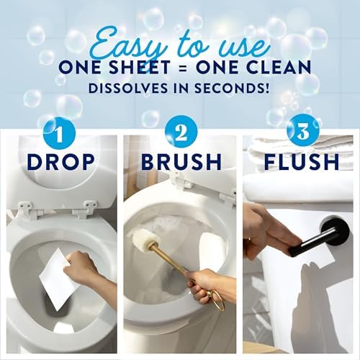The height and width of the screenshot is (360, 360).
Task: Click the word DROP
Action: click(60, 162)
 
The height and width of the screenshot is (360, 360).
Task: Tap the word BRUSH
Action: click(181, 162)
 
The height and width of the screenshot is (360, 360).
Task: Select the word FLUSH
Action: click(302, 162)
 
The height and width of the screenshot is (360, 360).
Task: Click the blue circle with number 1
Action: click(59, 133)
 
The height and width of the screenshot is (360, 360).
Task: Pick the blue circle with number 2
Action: click(181, 132)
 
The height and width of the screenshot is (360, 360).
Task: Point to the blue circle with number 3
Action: click(303, 131)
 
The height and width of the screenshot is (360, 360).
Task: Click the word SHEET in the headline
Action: click(139, 67)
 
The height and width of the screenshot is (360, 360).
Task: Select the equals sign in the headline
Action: click(183, 68)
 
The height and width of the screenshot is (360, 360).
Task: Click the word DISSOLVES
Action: click(128, 89)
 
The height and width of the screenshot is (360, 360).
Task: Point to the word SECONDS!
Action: click(231, 89)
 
